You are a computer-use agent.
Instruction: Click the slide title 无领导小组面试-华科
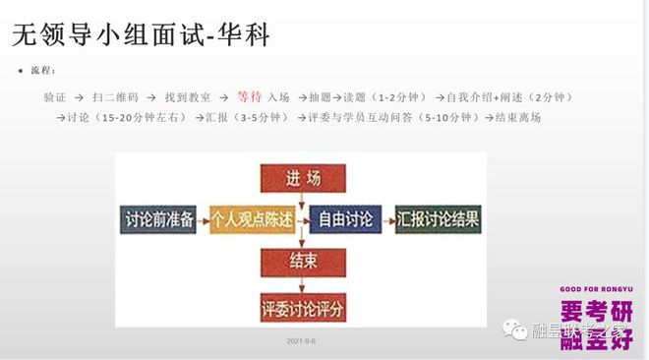[142, 36]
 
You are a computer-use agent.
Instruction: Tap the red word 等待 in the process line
[249, 97]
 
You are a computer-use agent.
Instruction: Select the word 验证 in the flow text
[55, 98]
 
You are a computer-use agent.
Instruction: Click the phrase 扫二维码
[116, 98]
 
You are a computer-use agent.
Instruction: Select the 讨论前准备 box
[158, 218]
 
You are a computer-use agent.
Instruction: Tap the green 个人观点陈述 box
[252, 219]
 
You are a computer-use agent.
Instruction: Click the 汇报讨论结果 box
[439, 218]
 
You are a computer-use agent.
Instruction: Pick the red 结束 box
[303, 262]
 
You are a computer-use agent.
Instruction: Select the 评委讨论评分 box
[303, 307]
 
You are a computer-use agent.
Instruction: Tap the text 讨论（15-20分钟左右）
[129, 118]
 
